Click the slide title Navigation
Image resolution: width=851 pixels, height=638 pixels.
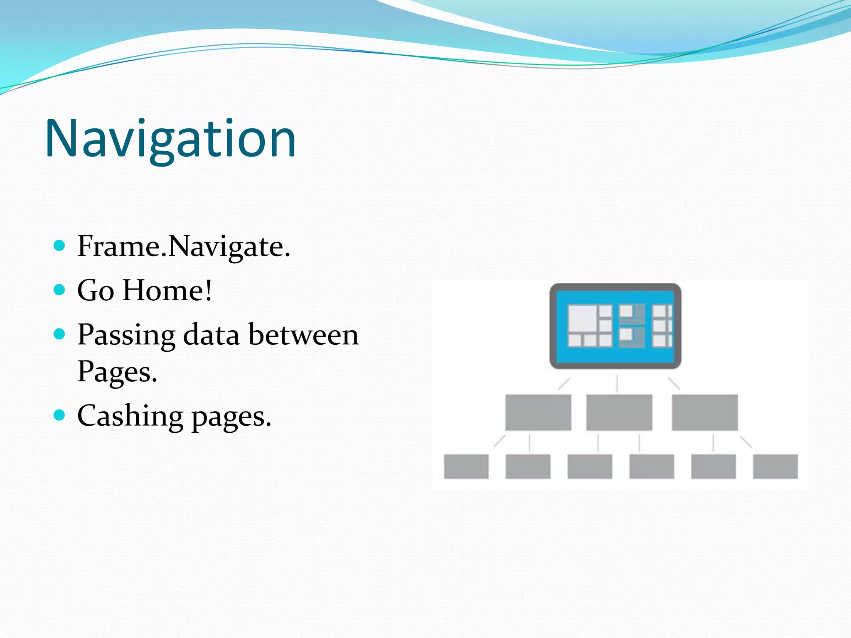170,139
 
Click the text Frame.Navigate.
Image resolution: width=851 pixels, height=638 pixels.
184,246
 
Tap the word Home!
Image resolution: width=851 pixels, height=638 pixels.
167,290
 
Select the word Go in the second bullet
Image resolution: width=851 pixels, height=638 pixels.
96,290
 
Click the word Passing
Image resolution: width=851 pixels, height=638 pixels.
126,335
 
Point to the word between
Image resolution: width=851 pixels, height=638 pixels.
303,335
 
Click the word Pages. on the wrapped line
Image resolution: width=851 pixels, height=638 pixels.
117,371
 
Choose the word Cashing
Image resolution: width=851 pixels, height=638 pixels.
130,416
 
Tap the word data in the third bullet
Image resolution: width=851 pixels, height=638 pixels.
211,335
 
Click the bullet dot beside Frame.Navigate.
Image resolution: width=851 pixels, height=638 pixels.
60,245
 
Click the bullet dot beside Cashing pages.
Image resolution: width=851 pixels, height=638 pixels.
60,415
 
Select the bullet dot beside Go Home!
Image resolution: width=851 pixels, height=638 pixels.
60,290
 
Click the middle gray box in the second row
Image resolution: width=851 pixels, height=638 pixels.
619,412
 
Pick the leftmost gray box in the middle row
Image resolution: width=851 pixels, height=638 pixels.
538,412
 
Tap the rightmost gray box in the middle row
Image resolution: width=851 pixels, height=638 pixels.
705,412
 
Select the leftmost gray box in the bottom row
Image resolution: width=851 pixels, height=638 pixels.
466,466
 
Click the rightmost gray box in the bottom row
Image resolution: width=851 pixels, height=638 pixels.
775,466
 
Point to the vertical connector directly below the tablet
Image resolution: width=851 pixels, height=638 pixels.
617,383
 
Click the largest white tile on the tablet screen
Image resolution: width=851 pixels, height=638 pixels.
583,318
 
